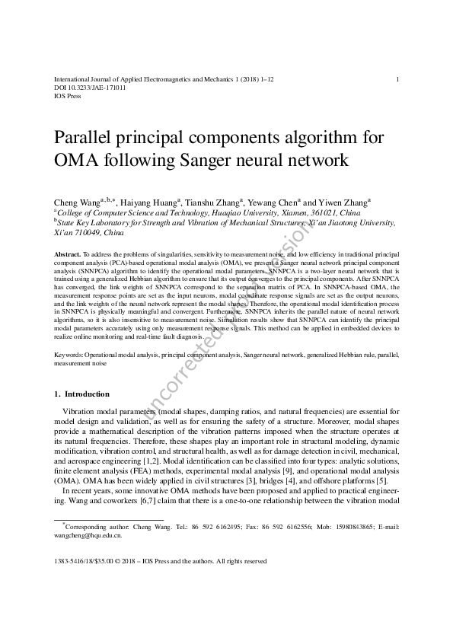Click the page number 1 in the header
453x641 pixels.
click(398, 79)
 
